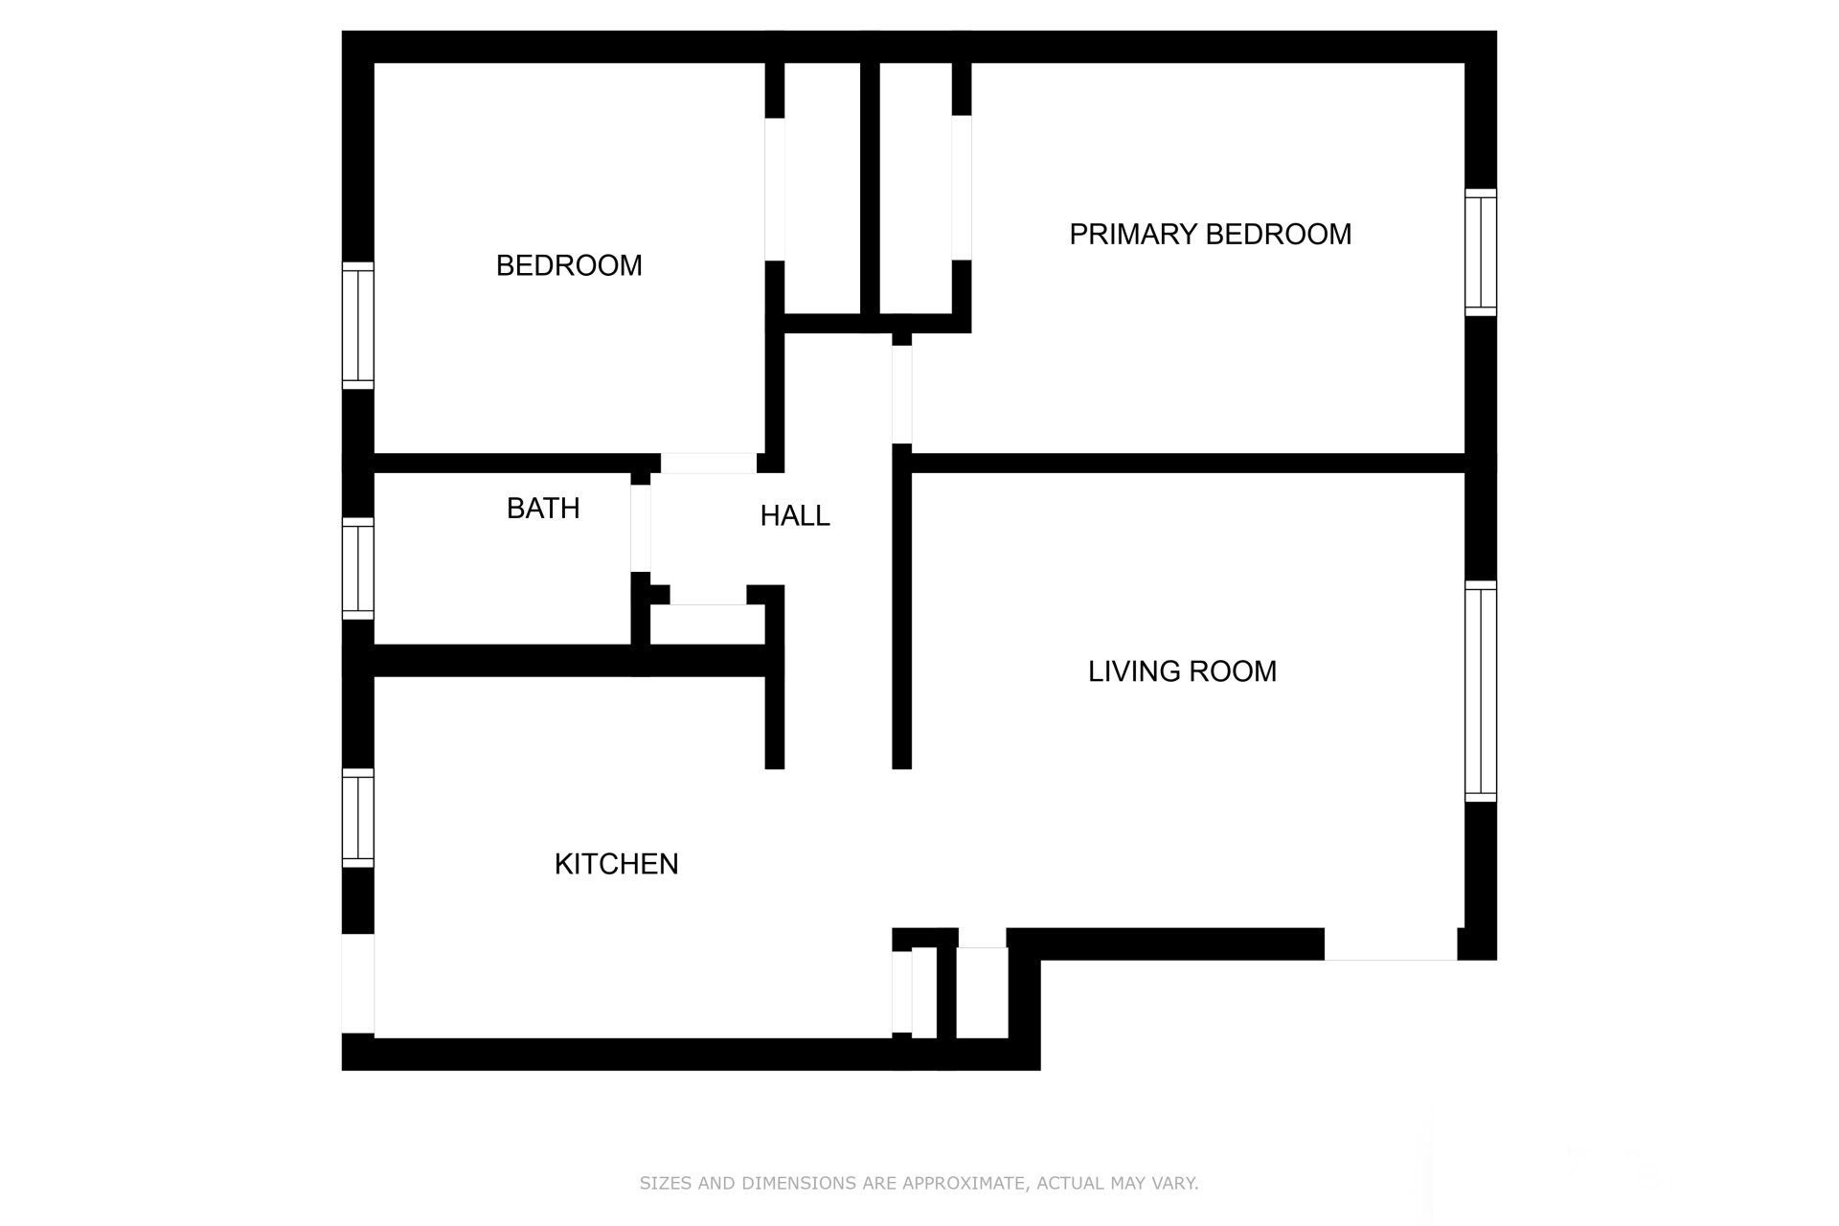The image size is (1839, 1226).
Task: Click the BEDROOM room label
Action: [569, 265]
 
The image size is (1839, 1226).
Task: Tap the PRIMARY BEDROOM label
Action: [1210, 234]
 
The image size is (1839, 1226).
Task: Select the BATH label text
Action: [543, 508]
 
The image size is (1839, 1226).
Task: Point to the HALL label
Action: [794, 515]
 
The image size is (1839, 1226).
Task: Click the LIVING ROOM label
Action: [1182, 671]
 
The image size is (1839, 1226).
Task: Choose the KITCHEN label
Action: [616, 864]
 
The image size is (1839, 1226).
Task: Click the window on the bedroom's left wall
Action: [358, 325]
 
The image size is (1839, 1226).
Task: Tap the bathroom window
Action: [358, 568]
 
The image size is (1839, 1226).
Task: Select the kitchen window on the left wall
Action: [358, 818]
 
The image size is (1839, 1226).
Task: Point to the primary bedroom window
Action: [1481, 252]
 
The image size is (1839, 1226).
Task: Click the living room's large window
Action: [1481, 691]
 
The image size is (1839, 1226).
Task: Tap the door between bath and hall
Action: [641, 529]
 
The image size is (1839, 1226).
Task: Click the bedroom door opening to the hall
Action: [709, 463]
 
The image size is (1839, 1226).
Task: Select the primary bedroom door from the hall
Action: [901, 394]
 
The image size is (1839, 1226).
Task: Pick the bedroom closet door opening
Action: [775, 189]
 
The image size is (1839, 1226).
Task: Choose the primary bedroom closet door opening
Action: [962, 188]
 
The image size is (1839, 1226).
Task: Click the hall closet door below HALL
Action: [708, 595]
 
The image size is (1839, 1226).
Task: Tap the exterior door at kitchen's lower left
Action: [358, 984]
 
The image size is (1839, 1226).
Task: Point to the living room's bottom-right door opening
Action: [1391, 944]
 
